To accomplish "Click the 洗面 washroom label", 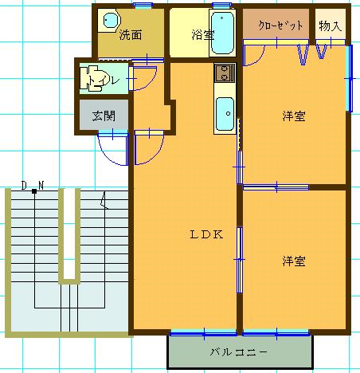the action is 131,35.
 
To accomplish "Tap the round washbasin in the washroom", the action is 110,21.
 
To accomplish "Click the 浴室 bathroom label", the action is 203,35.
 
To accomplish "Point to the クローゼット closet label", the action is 280,26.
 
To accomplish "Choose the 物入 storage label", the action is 330,26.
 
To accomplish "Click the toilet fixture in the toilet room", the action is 92,78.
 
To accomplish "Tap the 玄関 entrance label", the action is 104,116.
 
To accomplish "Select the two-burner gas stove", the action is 225,73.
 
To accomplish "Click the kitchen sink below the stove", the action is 225,113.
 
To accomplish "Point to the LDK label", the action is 206,234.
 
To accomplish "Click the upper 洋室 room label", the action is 294,116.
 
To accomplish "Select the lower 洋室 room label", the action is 294,261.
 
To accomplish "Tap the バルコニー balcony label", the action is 238,352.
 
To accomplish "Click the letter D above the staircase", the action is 24,186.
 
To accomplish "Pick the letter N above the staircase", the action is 41,186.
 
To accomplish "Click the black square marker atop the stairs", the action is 34,191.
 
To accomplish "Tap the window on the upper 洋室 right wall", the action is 350,78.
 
